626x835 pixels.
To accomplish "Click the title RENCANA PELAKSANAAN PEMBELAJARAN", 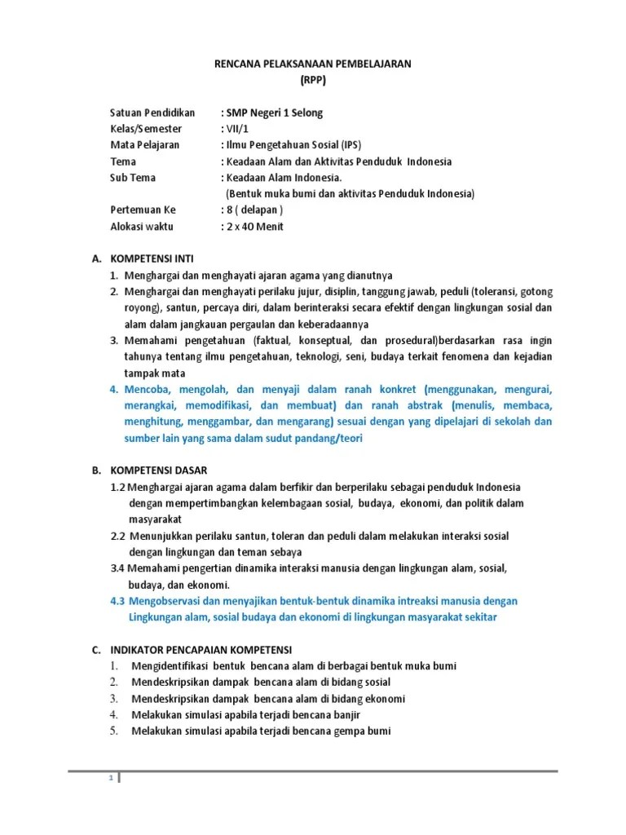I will pyautogui.click(x=313, y=64).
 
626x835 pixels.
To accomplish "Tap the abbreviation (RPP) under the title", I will pyautogui.click(x=313, y=80).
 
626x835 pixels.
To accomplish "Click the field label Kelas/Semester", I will pyautogui.click(x=146, y=129).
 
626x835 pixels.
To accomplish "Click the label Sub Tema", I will pyautogui.click(x=132, y=178).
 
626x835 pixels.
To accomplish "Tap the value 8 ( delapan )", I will pyautogui.click(x=254, y=210).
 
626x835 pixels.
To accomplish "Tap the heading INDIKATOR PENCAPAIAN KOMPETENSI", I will pyautogui.click(x=201, y=650).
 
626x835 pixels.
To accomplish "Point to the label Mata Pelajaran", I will pyautogui.click(x=144, y=145).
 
